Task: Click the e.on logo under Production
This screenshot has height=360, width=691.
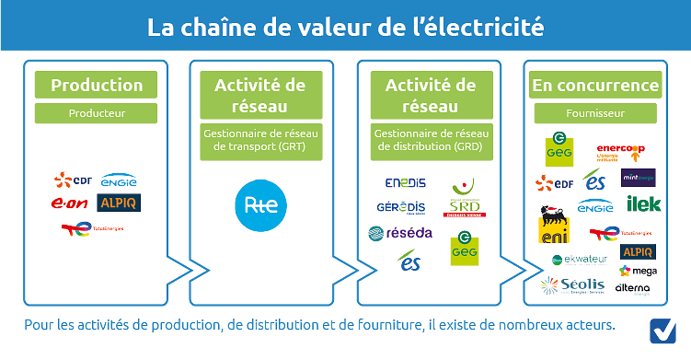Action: tap(71, 203)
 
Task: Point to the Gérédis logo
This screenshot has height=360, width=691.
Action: tap(401, 207)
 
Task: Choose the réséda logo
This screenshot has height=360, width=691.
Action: tap(395, 234)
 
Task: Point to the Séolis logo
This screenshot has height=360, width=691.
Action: tap(573, 285)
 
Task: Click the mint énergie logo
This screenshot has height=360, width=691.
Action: tap(638, 179)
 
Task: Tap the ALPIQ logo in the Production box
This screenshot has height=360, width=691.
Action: tap(118, 203)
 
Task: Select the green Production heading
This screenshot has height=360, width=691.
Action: tap(97, 86)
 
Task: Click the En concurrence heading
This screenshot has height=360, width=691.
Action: tap(595, 86)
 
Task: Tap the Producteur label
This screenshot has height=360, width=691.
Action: tap(97, 114)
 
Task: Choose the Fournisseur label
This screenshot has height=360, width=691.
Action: tap(595, 114)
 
